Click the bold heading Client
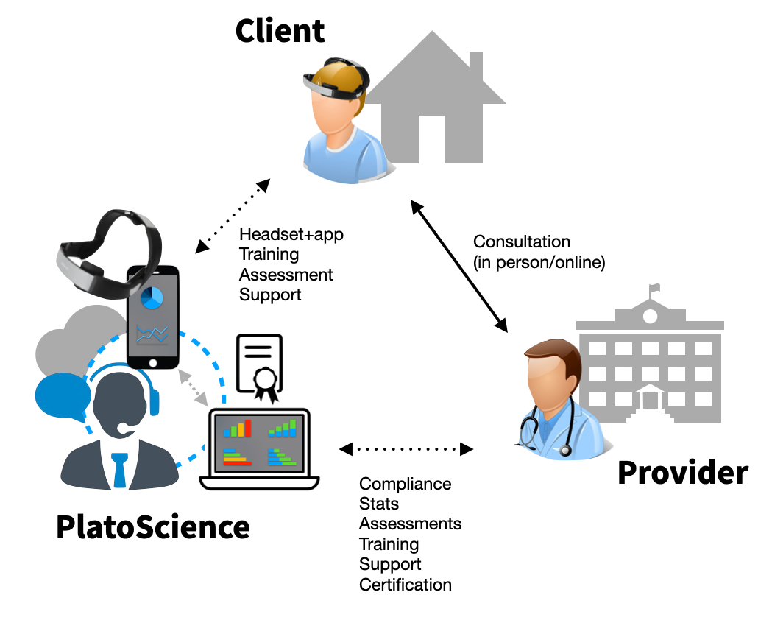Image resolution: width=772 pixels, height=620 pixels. (280, 31)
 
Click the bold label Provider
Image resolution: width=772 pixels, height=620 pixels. (682, 472)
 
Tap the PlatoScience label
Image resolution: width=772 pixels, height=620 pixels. (153, 527)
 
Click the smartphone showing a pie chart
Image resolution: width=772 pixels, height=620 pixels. (153, 317)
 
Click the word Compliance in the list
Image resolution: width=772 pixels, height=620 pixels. (405, 484)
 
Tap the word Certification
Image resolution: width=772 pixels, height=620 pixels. (405, 585)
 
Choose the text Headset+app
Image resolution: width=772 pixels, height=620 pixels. (291, 235)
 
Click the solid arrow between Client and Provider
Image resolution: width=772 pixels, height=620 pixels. (459, 265)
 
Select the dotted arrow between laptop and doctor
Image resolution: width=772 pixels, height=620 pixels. (406, 448)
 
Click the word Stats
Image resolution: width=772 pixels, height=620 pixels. (379, 504)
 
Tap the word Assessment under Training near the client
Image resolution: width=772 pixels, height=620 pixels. (286, 275)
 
